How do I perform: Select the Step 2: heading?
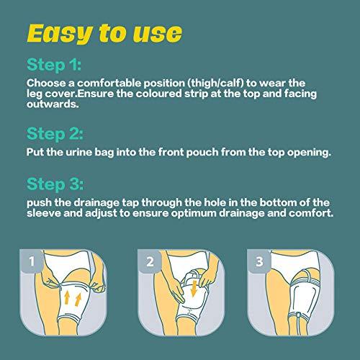56,135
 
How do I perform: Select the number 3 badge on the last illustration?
257,262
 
